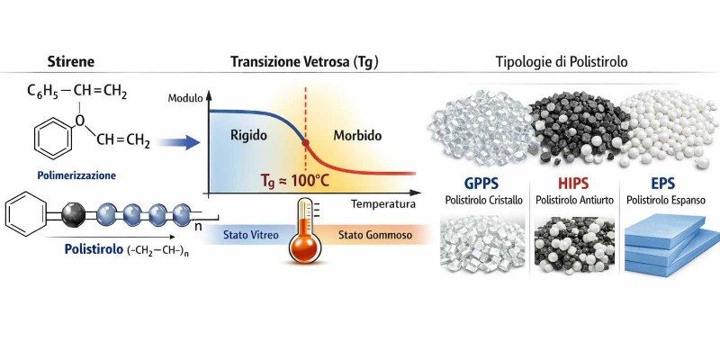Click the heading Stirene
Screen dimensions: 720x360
[71, 62]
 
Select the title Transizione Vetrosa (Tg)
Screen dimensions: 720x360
[304, 62]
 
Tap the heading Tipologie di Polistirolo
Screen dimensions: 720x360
[561, 62]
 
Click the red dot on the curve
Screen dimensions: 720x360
[305, 143]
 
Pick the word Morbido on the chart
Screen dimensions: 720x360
[357, 136]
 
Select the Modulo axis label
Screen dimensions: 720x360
[184, 98]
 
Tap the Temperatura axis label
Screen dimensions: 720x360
[383, 204]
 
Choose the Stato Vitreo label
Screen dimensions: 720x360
[251, 235]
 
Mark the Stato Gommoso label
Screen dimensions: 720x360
[375, 235]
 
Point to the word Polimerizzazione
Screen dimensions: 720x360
[77, 175]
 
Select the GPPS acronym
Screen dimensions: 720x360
[481, 184]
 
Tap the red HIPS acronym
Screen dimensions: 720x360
[574, 184]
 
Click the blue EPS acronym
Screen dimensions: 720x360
[662, 184]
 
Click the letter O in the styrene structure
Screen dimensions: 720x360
[80, 121]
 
